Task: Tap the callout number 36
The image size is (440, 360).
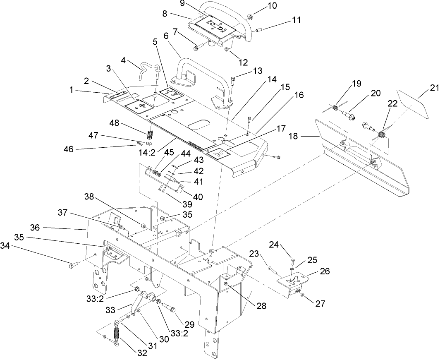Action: pos(35,228)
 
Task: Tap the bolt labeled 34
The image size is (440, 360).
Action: pos(72,265)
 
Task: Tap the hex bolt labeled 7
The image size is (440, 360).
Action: pos(197,48)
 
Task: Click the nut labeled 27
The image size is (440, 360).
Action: pos(302,295)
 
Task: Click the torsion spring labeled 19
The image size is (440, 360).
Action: pos(336,108)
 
